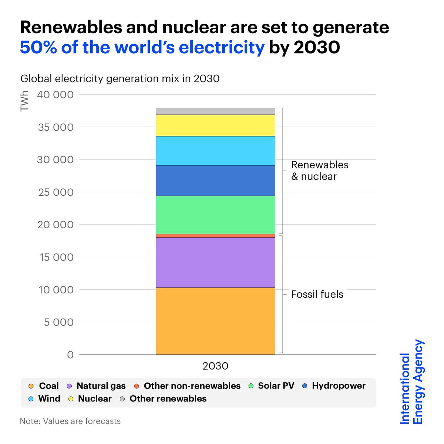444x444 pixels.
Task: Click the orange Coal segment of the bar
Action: point(215,321)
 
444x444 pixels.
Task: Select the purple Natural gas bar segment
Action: point(215,262)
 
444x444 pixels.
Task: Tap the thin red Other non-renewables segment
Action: point(215,236)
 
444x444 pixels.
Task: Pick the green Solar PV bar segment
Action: point(215,215)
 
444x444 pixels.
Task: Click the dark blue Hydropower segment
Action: point(215,181)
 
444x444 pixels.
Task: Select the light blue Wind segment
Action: point(215,151)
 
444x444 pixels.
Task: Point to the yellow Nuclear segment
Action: point(215,125)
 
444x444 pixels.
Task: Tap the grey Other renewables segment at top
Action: point(215,111)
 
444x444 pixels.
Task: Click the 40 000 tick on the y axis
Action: point(55,95)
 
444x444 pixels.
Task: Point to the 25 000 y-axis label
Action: point(55,192)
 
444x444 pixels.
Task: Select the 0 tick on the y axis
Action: point(70,355)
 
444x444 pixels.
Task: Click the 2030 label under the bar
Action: point(215,366)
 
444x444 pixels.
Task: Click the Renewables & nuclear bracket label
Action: point(320,171)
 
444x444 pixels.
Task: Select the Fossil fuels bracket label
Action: point(317,295)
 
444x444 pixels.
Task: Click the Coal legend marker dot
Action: point(31,386)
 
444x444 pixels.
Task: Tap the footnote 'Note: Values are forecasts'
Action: point(70,421)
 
